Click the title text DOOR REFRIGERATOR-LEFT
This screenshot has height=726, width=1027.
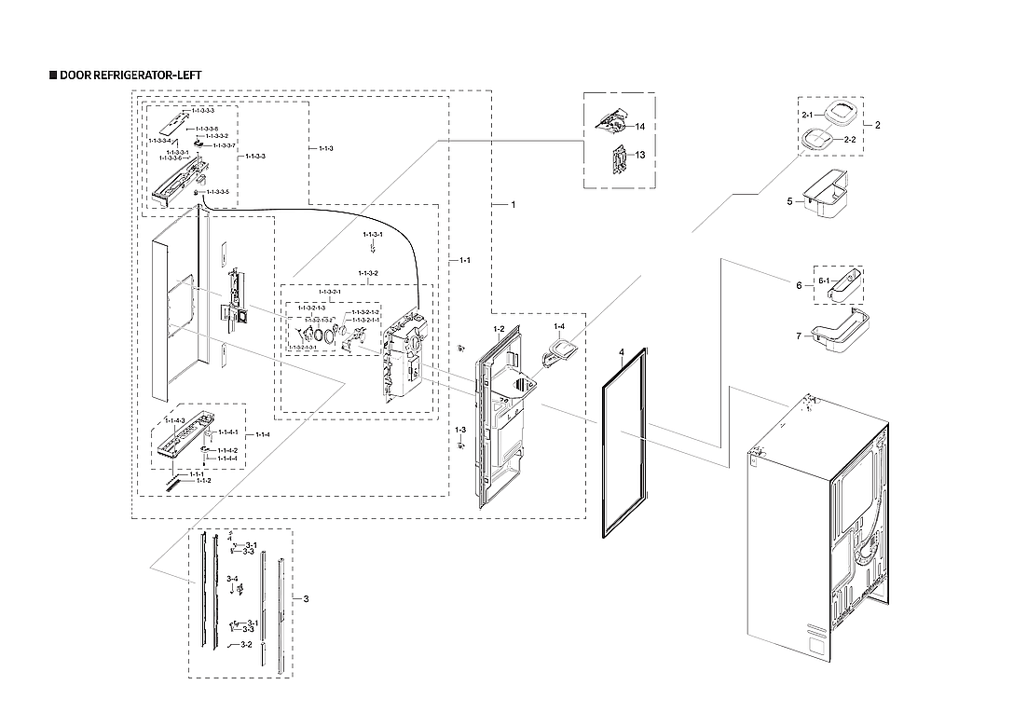[x=129, y=75]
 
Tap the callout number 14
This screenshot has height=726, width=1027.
[x=640, y=126]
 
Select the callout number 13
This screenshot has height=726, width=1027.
[x=640, y=155]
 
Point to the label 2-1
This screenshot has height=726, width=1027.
[x=807, y=114]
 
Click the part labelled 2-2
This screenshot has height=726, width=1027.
[x=819, y=139]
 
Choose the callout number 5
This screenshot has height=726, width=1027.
[x=788, y=200]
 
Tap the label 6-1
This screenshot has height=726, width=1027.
[x=824, y=281]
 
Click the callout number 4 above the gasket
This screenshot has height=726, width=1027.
[x=620, y=353]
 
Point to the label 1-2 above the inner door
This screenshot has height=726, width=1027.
[x=499, y=329]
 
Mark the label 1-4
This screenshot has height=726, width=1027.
[x=558, y=326]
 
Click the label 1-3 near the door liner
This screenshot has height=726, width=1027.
[x=459, y=430]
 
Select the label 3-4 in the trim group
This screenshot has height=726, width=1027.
[x=232, y=579]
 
